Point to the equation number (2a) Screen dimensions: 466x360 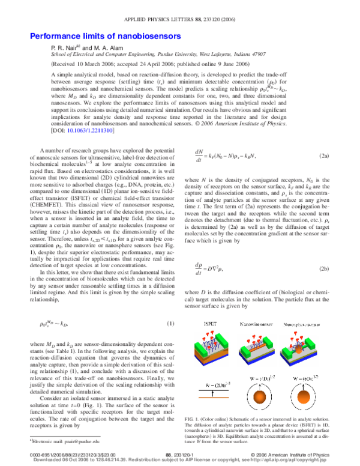click(x=323, y=156)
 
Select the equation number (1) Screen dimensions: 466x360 click(x=170, y=324)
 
